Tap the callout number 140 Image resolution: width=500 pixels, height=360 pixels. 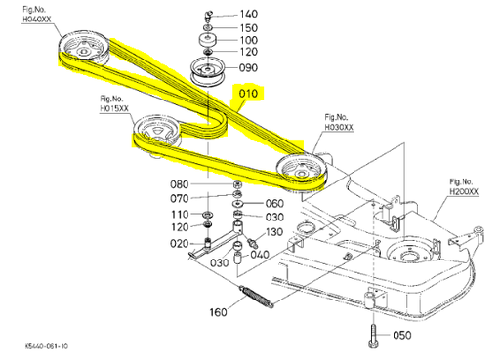(x=249, y=14)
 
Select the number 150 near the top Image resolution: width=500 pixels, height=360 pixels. (x=249, y=27)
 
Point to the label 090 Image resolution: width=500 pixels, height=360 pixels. (x=248, y=68)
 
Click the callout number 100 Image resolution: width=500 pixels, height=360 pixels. (x=249, y=39)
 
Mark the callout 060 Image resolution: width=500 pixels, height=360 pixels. (x=276, y=204)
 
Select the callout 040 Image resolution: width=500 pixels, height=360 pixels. (x=260, y=255)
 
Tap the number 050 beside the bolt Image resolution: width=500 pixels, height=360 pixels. (x=401, y=336)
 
